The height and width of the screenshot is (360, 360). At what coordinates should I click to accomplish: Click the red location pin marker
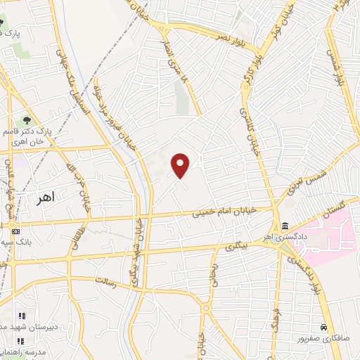point(181,165)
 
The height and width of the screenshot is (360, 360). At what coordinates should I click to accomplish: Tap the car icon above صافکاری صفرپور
point(323,328)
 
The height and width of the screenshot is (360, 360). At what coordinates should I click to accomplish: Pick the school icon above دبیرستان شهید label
point(21,316)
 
